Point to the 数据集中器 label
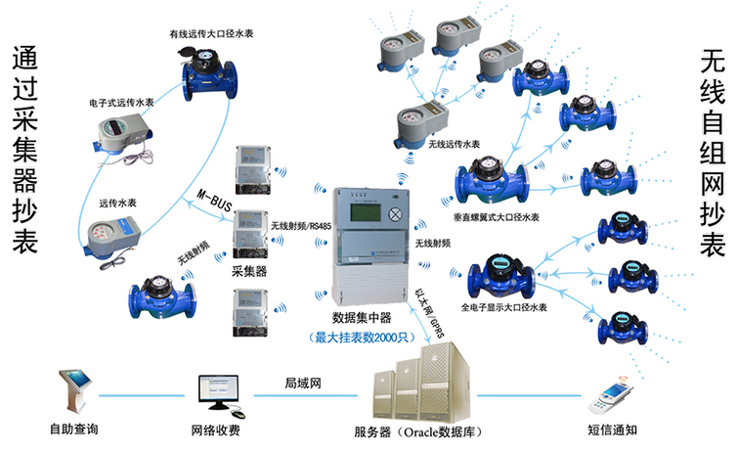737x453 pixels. click(x=362, y=320)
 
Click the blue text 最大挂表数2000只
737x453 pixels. click(x=363, y=338)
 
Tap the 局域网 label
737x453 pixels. click(x=303, y=383)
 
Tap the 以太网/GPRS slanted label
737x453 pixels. click(x=434, y=314)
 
